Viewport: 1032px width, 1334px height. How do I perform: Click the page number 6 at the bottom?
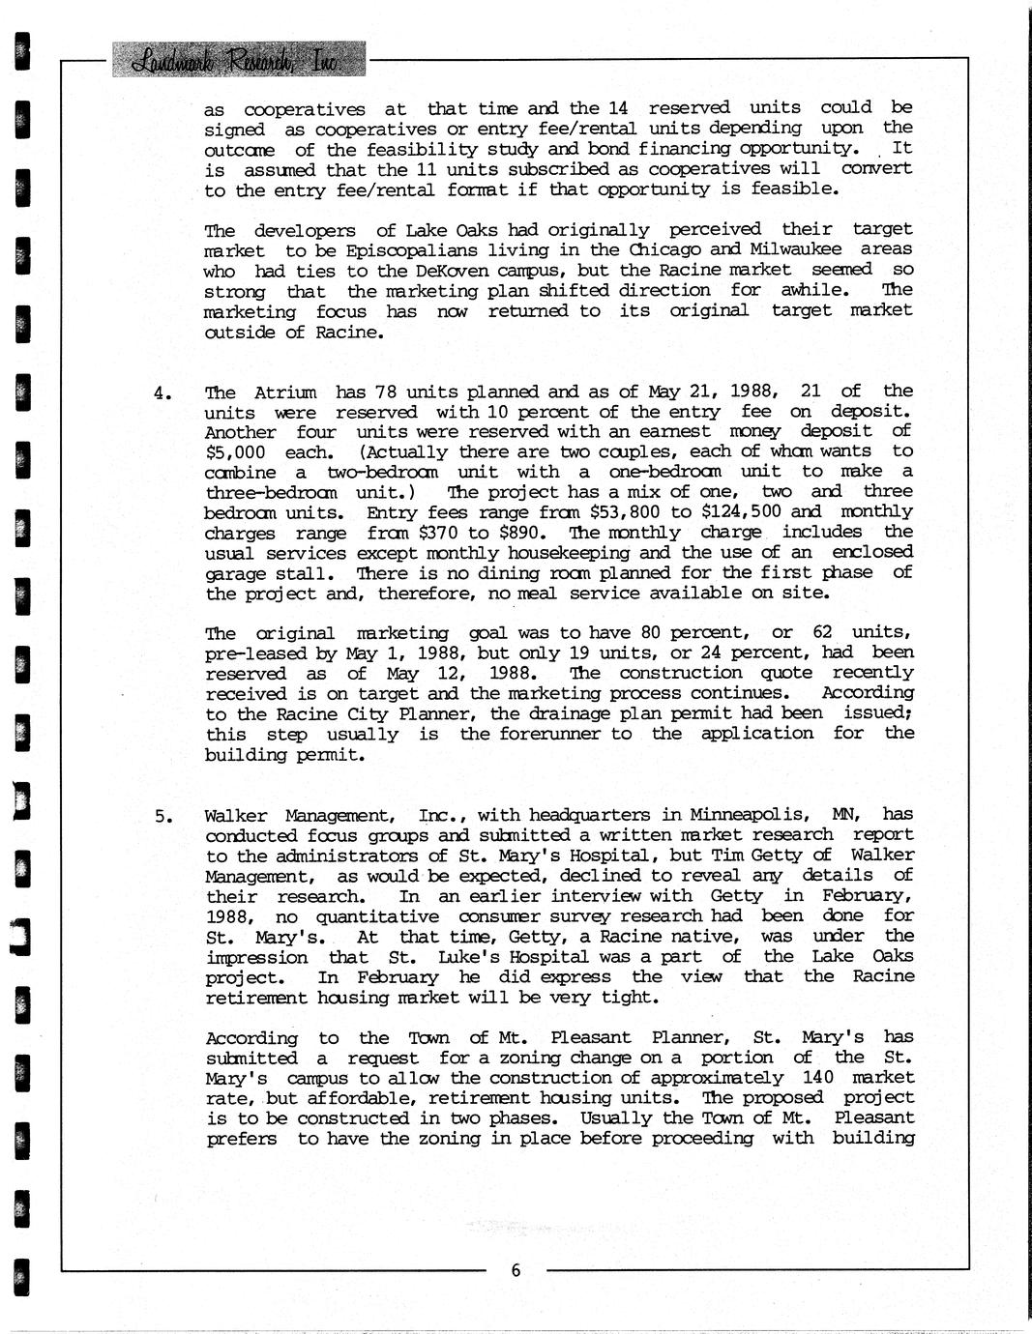(516, 1270)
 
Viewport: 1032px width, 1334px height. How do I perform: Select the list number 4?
(162, 392)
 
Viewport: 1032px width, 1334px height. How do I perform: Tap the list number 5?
(162, 816)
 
